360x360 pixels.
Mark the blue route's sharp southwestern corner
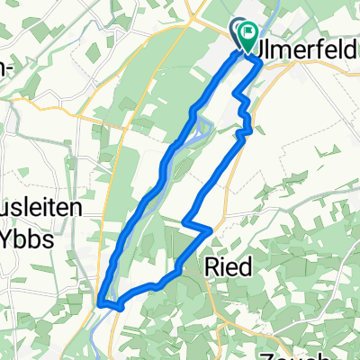(102, 303)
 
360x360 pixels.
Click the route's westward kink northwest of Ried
(184, 222)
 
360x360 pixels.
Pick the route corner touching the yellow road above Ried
(210, 230)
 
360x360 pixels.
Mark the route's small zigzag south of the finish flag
(243, 108)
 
